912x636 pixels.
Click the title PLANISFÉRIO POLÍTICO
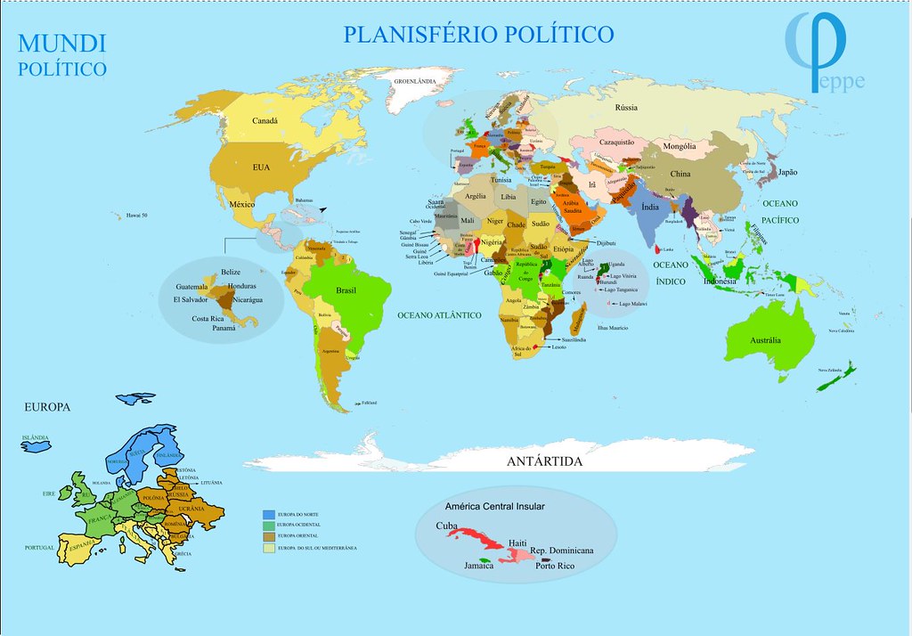[x=478, y=35]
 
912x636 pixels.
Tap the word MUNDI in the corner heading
[x=62, y=43]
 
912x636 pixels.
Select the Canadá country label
[x=265, y=121]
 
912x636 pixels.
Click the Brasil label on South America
[x=346, y=290]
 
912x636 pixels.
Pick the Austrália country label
[x=765, y=340]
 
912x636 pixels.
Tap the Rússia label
[x=626, y=108]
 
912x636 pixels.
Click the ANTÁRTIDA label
[x=544, y=461]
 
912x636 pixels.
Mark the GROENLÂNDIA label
[x=416, y=81]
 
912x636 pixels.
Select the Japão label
[x=789, y=172]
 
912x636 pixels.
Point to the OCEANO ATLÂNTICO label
[x=439, y=315]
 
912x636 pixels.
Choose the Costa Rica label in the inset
[x=213, y=318]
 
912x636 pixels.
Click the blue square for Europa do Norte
[x=267, y=514]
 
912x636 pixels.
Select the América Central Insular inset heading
[x=494, y=506]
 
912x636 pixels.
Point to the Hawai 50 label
[x=135, y=215]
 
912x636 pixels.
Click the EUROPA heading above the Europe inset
[x=47, y=406]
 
